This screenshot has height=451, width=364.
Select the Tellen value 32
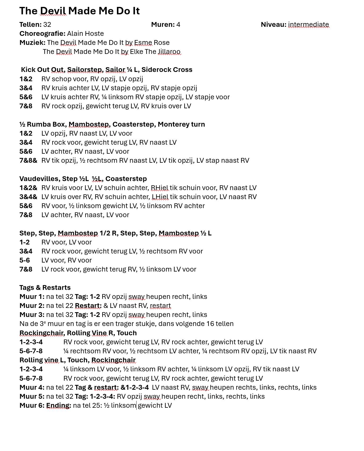click(47, 25)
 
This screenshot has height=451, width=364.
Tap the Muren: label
click(163, 25)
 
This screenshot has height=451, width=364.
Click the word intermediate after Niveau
click(308, 25)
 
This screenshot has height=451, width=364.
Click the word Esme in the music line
click(143, 43)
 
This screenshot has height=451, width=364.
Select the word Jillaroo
click(169, 52)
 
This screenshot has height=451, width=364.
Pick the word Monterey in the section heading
click(172, 124)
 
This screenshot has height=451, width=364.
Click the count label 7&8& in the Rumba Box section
click(28, 161)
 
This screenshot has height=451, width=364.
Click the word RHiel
click(159, 188)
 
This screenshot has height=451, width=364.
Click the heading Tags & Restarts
click(45, 288)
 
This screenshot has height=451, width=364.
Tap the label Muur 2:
click(32, 306)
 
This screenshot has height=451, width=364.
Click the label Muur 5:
click(32, 397)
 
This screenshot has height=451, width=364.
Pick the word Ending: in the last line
click(58, 406)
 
